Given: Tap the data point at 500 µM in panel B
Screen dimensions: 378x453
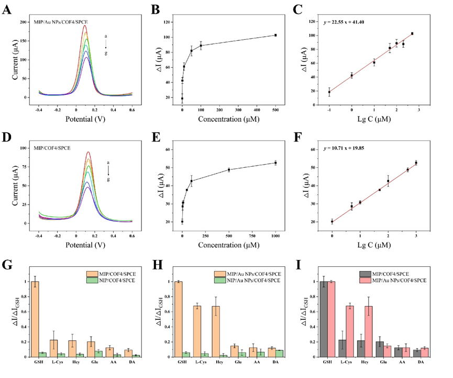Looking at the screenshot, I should point(275,35).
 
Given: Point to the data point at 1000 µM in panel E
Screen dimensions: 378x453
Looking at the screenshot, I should point(275,163).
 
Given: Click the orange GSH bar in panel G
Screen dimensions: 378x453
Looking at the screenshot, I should point(35,319).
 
